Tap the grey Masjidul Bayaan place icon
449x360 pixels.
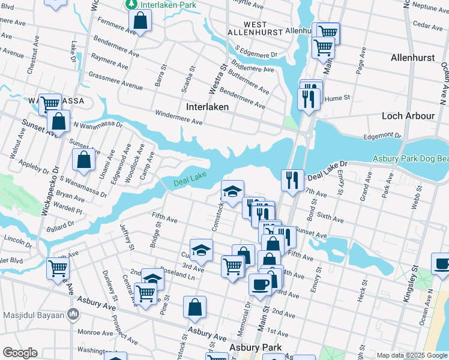click(73, 314)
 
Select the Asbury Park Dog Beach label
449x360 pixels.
click(410, 158)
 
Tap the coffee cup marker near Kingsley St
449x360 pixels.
click(442, 264)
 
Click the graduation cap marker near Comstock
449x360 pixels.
click(232, 192)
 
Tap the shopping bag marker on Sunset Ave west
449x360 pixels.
click(84, 160)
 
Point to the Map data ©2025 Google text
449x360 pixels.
click(411, 355)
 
